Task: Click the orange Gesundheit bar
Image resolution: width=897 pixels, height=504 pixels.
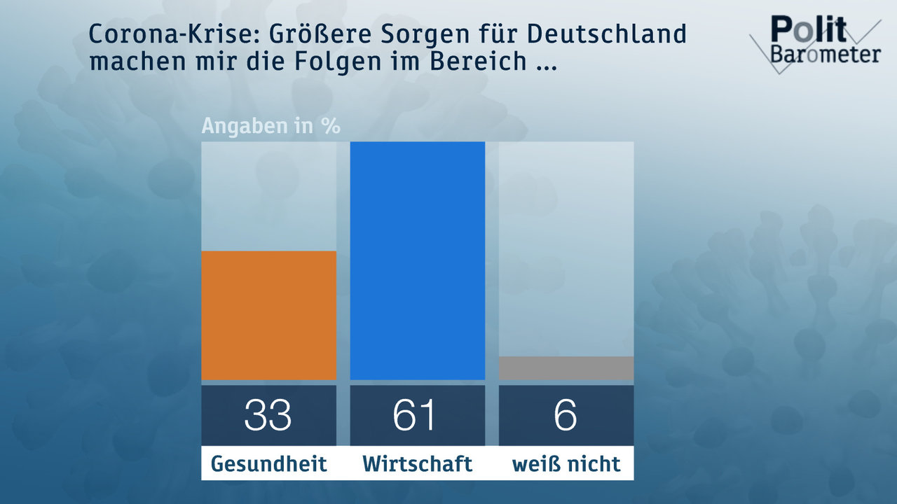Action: click(x=268, y=315)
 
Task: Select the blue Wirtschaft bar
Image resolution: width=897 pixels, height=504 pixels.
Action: click(x=417, y=260)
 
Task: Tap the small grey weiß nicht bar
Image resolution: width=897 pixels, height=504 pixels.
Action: click(x=566, y=368)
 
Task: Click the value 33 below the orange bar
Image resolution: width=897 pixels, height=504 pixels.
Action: click(x=268, y=415)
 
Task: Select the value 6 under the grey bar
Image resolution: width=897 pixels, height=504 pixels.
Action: click(x=566, y=415)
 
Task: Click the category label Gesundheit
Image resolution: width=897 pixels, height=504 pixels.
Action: click(x=268, y=463)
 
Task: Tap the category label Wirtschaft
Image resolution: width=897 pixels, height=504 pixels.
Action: click(x=417, y=463)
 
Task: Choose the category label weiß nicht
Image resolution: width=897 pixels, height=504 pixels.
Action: click(x=566, y=463)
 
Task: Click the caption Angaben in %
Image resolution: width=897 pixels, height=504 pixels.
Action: click(x=271, y=127)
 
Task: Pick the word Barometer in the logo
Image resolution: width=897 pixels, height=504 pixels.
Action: click(x=826, y=55)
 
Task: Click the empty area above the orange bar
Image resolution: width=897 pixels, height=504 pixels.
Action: click(x=268, y=196)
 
